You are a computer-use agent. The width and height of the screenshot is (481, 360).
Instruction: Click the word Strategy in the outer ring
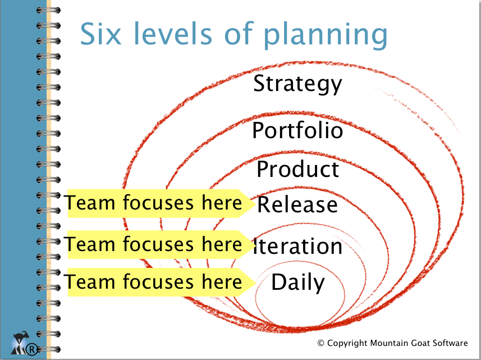tap(297, 84)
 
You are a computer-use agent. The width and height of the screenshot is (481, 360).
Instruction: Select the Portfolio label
tap(297, 130)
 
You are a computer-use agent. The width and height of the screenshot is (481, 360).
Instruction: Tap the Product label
tap(298, 168)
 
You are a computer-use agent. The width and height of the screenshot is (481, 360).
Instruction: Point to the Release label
tap(297, 204)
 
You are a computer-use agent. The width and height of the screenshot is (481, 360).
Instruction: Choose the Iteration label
tap(297, 245)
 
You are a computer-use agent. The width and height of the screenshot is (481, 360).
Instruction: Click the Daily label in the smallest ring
tap(297, 282)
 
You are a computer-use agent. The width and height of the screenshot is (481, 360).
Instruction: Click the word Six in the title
tap(100, 33)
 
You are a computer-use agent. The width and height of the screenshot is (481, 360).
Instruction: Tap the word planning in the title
tap(325, 35)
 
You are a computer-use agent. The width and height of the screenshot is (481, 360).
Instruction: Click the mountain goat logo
tap(20, 342)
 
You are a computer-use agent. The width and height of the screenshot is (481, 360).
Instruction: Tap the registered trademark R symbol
tap(31, 349)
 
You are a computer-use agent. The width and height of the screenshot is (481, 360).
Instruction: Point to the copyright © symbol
tap(321, 343)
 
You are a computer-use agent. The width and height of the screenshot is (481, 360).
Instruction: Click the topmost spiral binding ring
tap(48, 10)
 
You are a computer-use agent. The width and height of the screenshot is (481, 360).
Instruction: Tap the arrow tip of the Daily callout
tap(256, 282)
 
